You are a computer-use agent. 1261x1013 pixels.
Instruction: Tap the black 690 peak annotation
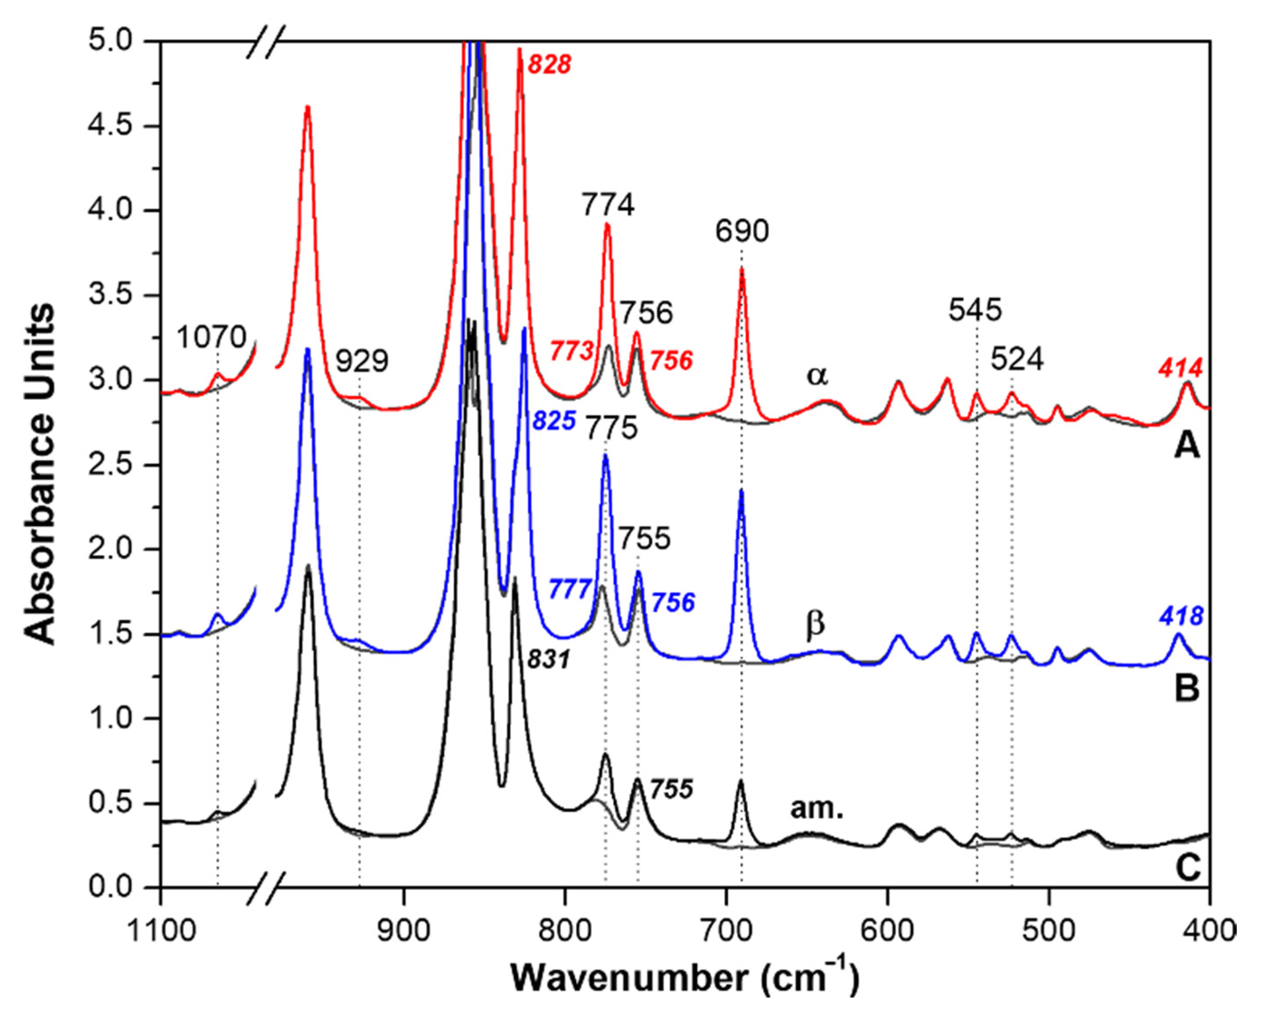point(742,232)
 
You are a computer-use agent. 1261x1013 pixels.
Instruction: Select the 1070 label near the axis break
point(212,338)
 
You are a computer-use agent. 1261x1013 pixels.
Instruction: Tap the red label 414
point(1182,368)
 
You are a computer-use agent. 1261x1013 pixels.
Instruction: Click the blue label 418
point(1182,616)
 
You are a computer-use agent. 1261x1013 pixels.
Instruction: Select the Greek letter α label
point(817,375)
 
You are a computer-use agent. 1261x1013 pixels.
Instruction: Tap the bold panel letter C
point(1188,868)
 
